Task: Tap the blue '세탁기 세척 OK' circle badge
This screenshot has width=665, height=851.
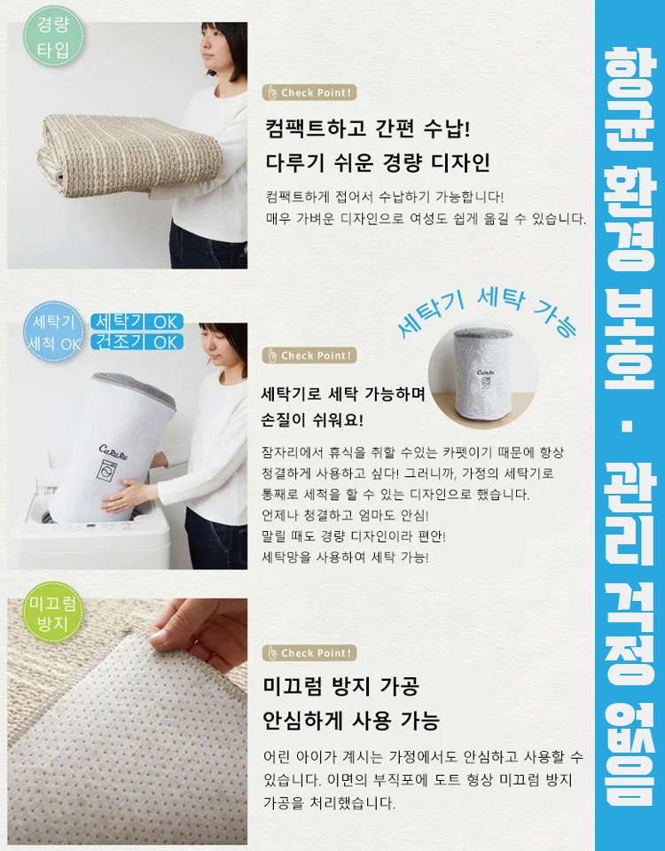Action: [x=54, y=332]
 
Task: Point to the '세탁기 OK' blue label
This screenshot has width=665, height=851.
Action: [x=137, y=321]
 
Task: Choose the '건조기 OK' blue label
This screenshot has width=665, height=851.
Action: [x=137, y=341]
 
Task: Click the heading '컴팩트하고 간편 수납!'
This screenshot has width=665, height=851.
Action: [x=367, y=129]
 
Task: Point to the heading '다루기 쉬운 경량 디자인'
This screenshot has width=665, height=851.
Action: [x=378, y=163]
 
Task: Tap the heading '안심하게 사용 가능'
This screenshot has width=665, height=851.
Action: [x=352, y=719]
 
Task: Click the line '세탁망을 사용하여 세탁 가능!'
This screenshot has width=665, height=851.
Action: [x=346, y=557]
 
